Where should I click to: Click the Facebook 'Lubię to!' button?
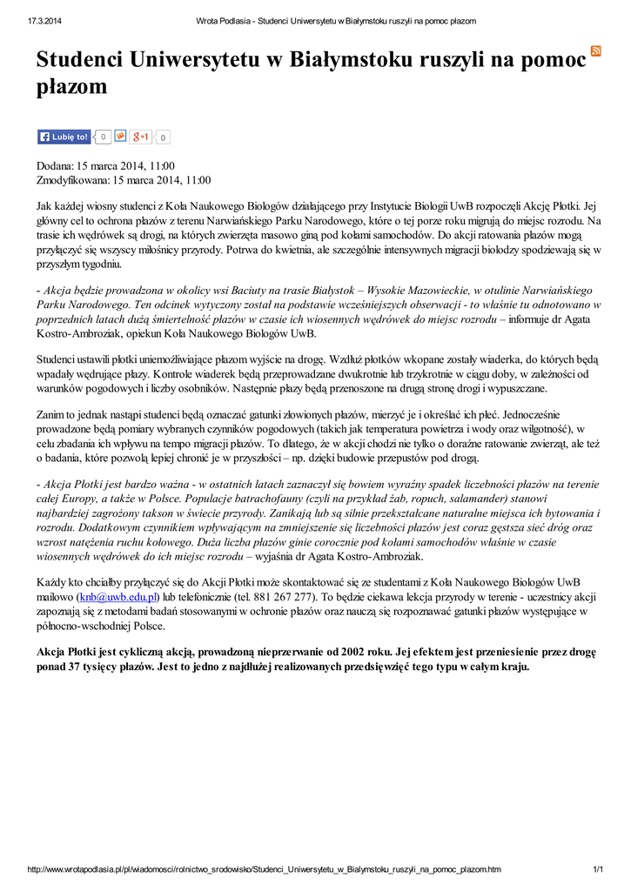(64, 137)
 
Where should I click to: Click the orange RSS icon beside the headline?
(596, 50)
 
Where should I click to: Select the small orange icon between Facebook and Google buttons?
(120, 137)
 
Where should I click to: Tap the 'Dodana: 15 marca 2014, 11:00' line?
(105, 165)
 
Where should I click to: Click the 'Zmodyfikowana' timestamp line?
(123, 180)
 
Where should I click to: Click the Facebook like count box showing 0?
(104, 137)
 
